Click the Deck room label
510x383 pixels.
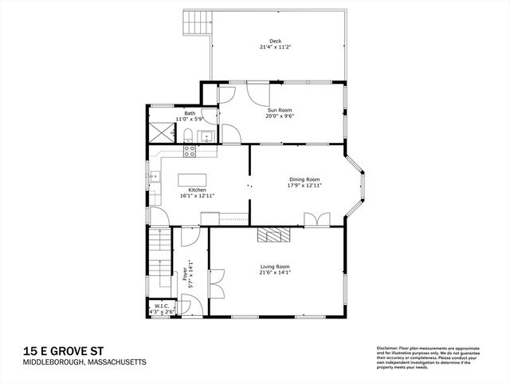[x=275, y=41]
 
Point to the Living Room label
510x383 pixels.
[x=274, y=267]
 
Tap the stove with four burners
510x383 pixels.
[x=190, y=149]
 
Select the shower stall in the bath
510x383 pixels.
[x=162, y=132]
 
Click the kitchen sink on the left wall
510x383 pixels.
[x=149, y=177]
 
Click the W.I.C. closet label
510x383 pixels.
[x=162, y=305]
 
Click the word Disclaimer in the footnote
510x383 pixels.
[x=388, y=349]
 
